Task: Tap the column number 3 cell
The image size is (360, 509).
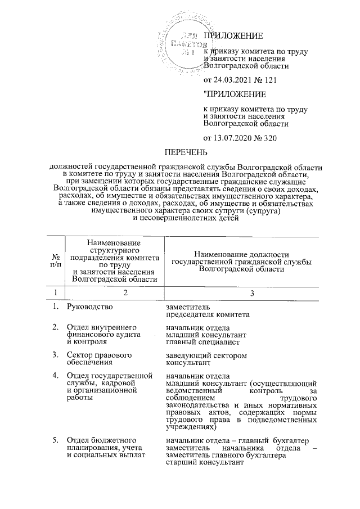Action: coord(252,292)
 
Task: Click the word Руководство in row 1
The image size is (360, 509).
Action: coord(89,307)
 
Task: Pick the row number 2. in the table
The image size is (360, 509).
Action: coord(55,327)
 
